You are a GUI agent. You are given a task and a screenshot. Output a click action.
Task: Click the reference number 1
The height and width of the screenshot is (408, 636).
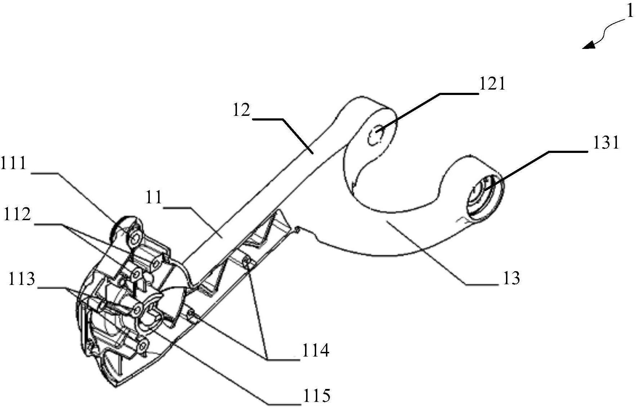point(629,12)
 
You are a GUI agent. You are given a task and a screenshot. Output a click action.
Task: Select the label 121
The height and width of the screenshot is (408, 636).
point(492,84)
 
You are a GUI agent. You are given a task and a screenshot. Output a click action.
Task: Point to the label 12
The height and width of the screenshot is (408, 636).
point(241,110)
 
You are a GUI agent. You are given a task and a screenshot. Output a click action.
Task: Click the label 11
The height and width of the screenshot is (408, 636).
point(154,198)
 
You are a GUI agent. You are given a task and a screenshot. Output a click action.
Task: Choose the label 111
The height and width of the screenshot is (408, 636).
point(14,163)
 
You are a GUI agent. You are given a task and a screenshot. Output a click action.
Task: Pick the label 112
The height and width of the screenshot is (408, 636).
point(17,215)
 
